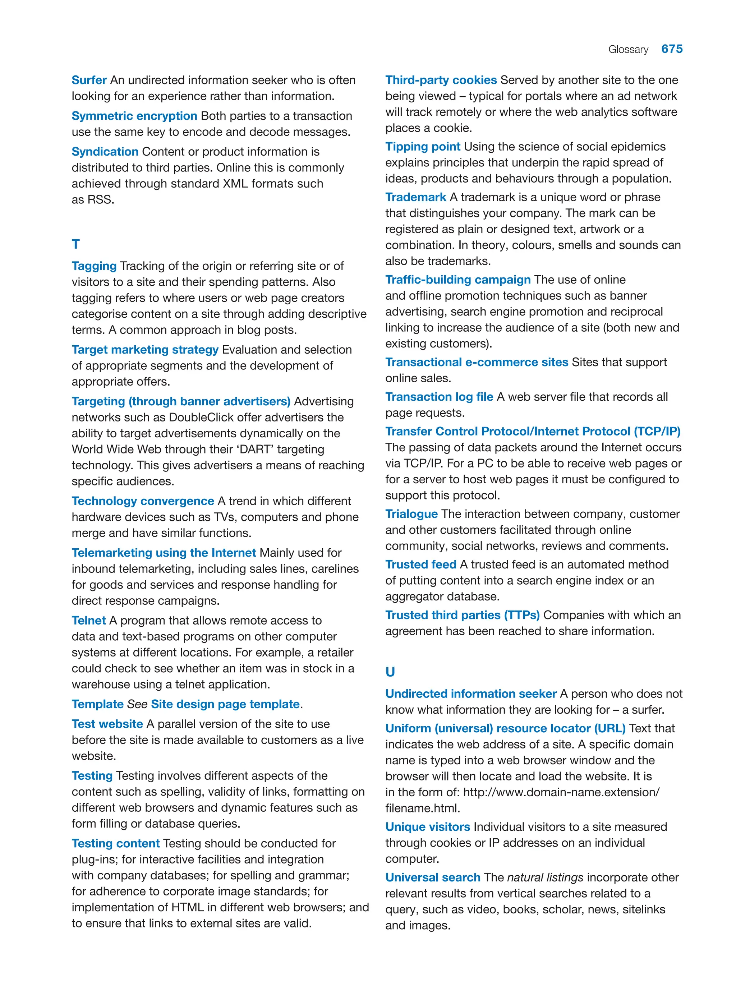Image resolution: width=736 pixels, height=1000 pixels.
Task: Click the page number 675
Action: (x=671, y=49)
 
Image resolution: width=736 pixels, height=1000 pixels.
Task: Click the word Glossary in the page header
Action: (x=628, y=50)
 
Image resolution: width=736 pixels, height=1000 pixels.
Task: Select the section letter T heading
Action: (x=76, y=244)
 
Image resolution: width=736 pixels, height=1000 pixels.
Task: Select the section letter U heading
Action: (x=390, y=671)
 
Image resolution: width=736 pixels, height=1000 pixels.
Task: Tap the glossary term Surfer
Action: (x=89, y=80)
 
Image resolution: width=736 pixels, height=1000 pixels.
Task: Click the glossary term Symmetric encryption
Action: (x=134, y=116)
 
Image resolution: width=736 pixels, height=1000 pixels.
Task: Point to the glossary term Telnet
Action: (x=89, y=620)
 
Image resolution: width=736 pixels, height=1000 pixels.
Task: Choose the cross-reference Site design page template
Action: (x=225, y=704)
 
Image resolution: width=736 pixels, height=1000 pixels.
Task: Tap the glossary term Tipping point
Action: (x=422, y=147)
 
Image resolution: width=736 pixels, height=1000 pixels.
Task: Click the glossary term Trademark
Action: (x=415, y=197)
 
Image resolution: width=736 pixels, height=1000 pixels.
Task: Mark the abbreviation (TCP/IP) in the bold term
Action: (x=657, y=431)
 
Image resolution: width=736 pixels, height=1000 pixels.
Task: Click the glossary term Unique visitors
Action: (x=427, y=827)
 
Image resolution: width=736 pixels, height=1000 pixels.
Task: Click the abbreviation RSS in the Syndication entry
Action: (x=100, y=199)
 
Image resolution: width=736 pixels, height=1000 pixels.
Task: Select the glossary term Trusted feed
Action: (x=420, y=564)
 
